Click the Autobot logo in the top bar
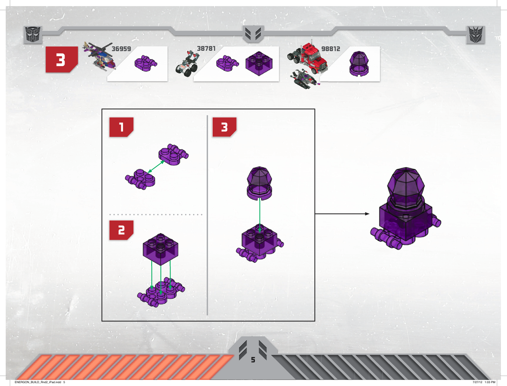coord(33,35)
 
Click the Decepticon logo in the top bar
coord(475,35)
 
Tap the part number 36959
coord(121,49)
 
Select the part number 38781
coord(206,48)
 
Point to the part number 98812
coord(330,49)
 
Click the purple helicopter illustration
coord(99,56)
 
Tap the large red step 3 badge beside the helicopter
coord(61,59)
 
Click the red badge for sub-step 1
coord(121,127)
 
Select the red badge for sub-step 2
coord(121,230)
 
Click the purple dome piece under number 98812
coord(359,64)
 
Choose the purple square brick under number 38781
coord(259,63)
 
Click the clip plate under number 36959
coord(146,63)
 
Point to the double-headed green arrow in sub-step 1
coord(156,167)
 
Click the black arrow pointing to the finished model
coord(342,214)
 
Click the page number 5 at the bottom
coord(253,360)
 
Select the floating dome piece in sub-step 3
coord(259,183)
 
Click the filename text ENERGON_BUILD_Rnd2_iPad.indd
coord(38,382)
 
